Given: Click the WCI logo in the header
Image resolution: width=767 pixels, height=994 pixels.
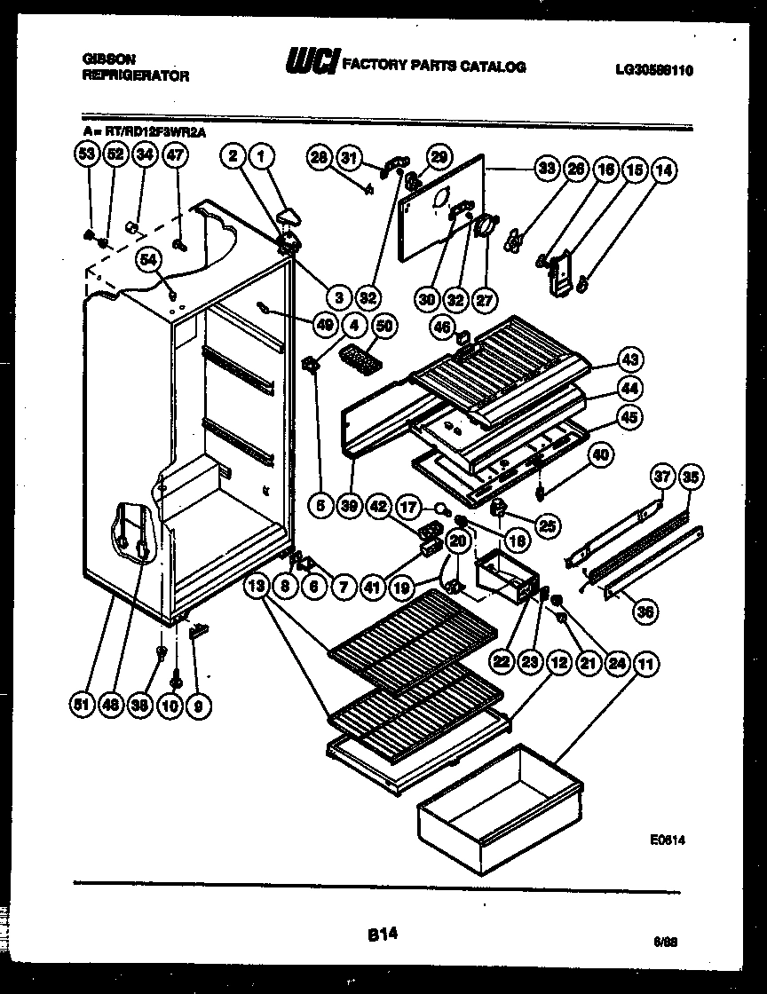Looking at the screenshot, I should click(x=310, y=63).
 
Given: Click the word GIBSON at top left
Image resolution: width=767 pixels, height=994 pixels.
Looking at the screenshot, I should click(x=108, y=58).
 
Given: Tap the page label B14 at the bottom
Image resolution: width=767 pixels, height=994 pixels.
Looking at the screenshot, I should click(x=382, y=933).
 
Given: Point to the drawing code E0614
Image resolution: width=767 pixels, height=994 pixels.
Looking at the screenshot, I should click(x=668, y=838).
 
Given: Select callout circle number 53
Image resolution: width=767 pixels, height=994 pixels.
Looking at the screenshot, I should click(x=86, y=155).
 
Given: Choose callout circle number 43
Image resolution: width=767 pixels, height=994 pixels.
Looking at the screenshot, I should click(x=631, y=361).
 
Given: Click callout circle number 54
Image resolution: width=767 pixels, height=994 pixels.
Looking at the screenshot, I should click(x=150, y=259).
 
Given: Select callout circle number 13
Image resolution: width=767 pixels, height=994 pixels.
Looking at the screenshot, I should click(x=257, y=586).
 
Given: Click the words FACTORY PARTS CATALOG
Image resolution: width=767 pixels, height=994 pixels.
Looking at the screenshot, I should click(x=434, y=66).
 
